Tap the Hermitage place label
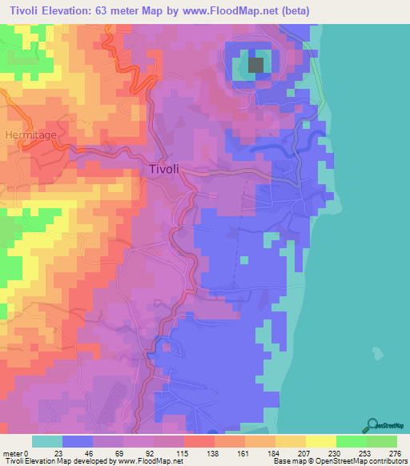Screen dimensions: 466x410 (x=30, y=135)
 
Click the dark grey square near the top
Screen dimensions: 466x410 (x=256, y=66)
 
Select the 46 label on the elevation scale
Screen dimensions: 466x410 (x=87, y=453)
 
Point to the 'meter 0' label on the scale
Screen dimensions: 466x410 (x=15, y=453)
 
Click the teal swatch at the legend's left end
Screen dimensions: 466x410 (x=47, y=441)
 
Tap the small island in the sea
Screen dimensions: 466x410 (x=376, y=351)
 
